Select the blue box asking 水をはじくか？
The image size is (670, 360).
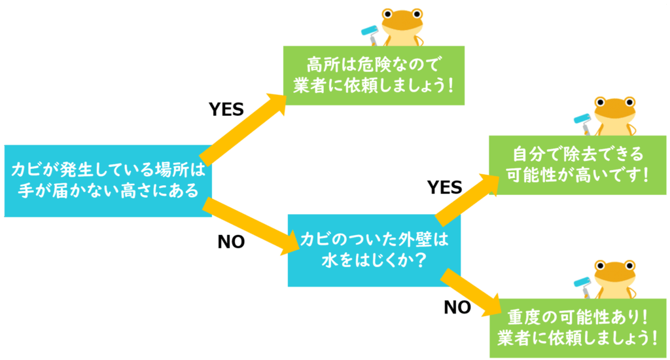click(374, 249)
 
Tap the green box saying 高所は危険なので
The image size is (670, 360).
click(374, 75)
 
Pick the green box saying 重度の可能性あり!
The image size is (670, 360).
click(578, 327)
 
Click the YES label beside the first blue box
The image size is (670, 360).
click(226, 109)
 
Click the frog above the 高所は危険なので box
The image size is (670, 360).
click(401, 26)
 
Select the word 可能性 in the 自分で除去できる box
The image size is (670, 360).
click(527, 175)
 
